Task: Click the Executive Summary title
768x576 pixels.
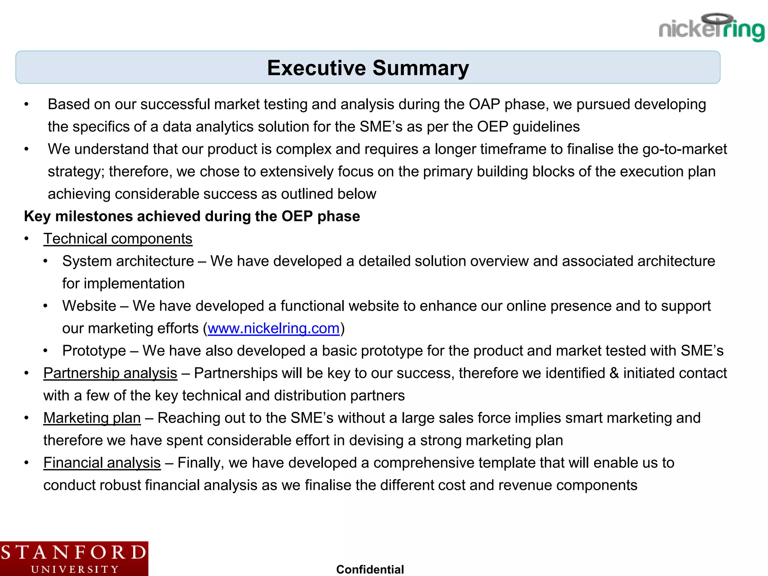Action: tap(368, 68)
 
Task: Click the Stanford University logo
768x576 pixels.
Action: tap(74, 558)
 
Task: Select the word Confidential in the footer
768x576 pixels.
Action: tap(370, 569)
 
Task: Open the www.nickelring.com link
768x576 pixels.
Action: tap(273, 328)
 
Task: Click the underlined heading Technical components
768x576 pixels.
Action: tap(118, 239)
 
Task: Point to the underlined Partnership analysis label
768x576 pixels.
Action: tap(110, 373)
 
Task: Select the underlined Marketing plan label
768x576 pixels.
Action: tap(92, 418)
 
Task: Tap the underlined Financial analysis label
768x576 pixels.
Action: tap(102, 463)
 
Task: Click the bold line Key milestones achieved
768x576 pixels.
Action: tap(192, 216)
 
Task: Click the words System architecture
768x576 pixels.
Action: tap(128, 261)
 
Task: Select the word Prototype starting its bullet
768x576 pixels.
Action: tap(94, 351)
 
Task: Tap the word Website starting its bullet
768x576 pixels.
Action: tap(89, 306)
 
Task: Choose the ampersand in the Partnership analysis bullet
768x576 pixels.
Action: tap(614, 373)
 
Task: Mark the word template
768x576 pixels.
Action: tap(507, 463)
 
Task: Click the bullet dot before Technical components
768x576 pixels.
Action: tap(26, 239)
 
